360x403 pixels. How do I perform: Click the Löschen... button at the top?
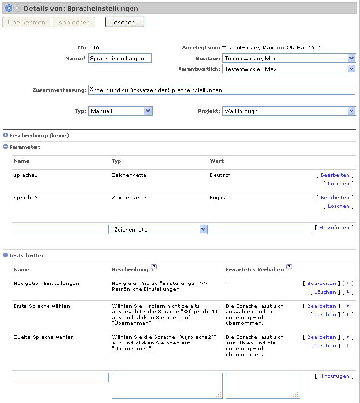pyautogui.click(x=124, y=22)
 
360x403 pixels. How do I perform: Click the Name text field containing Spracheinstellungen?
pyautogui.click(x=120, y=58)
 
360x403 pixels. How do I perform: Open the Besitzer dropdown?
pyautogui.click(x=289, y=59)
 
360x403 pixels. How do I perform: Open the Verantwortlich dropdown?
pyautogui.click(x=289, y=69)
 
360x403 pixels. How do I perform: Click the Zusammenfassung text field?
pyautogui.click(x=221, y=90)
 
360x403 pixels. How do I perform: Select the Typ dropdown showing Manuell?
pyautogui.click(x=120, y=111)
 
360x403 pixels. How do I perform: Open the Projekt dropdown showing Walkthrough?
pyautogui.click(x=289, y=111)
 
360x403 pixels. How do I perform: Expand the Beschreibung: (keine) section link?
pyautogui.click(x=39, y=136)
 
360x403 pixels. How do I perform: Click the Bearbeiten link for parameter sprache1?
pyautogui.click(x=335, y=175)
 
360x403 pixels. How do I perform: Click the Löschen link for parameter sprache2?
pyautogui.click(x=338, y=206)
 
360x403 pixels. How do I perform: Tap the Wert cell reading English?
pyautogui.click(x=219, y=198)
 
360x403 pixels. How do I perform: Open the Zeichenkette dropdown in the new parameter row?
pyautogui.click(x=159, y=229)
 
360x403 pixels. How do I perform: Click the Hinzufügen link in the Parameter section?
pyautogui.click(x=334, y=228)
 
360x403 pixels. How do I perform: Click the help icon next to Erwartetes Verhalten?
pyautogui.click(x=289, y=267)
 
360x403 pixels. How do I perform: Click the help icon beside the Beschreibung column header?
pyautogui.click(x=154, y=267)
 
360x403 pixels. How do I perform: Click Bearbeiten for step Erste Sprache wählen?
pyautogui.click(x=321, y=306)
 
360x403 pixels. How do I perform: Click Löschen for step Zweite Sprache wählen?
pyautogui.click(x=325, y=346)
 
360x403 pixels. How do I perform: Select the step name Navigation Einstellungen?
pyautogui.click(x=47, y=284)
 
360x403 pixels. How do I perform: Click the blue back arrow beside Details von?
pyautogui.click(x=8, y=8)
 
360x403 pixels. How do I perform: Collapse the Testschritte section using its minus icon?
pyautogui.click(x=6, y=255)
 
